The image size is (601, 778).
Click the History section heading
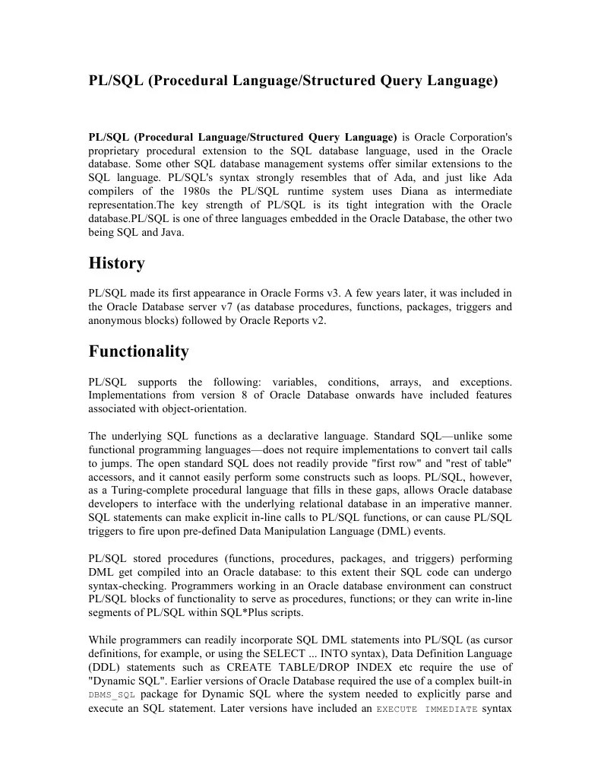(116, 264)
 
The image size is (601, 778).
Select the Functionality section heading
(138, 351)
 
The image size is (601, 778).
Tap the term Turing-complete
(143, 491)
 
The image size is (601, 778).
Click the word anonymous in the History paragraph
(116, 320)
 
